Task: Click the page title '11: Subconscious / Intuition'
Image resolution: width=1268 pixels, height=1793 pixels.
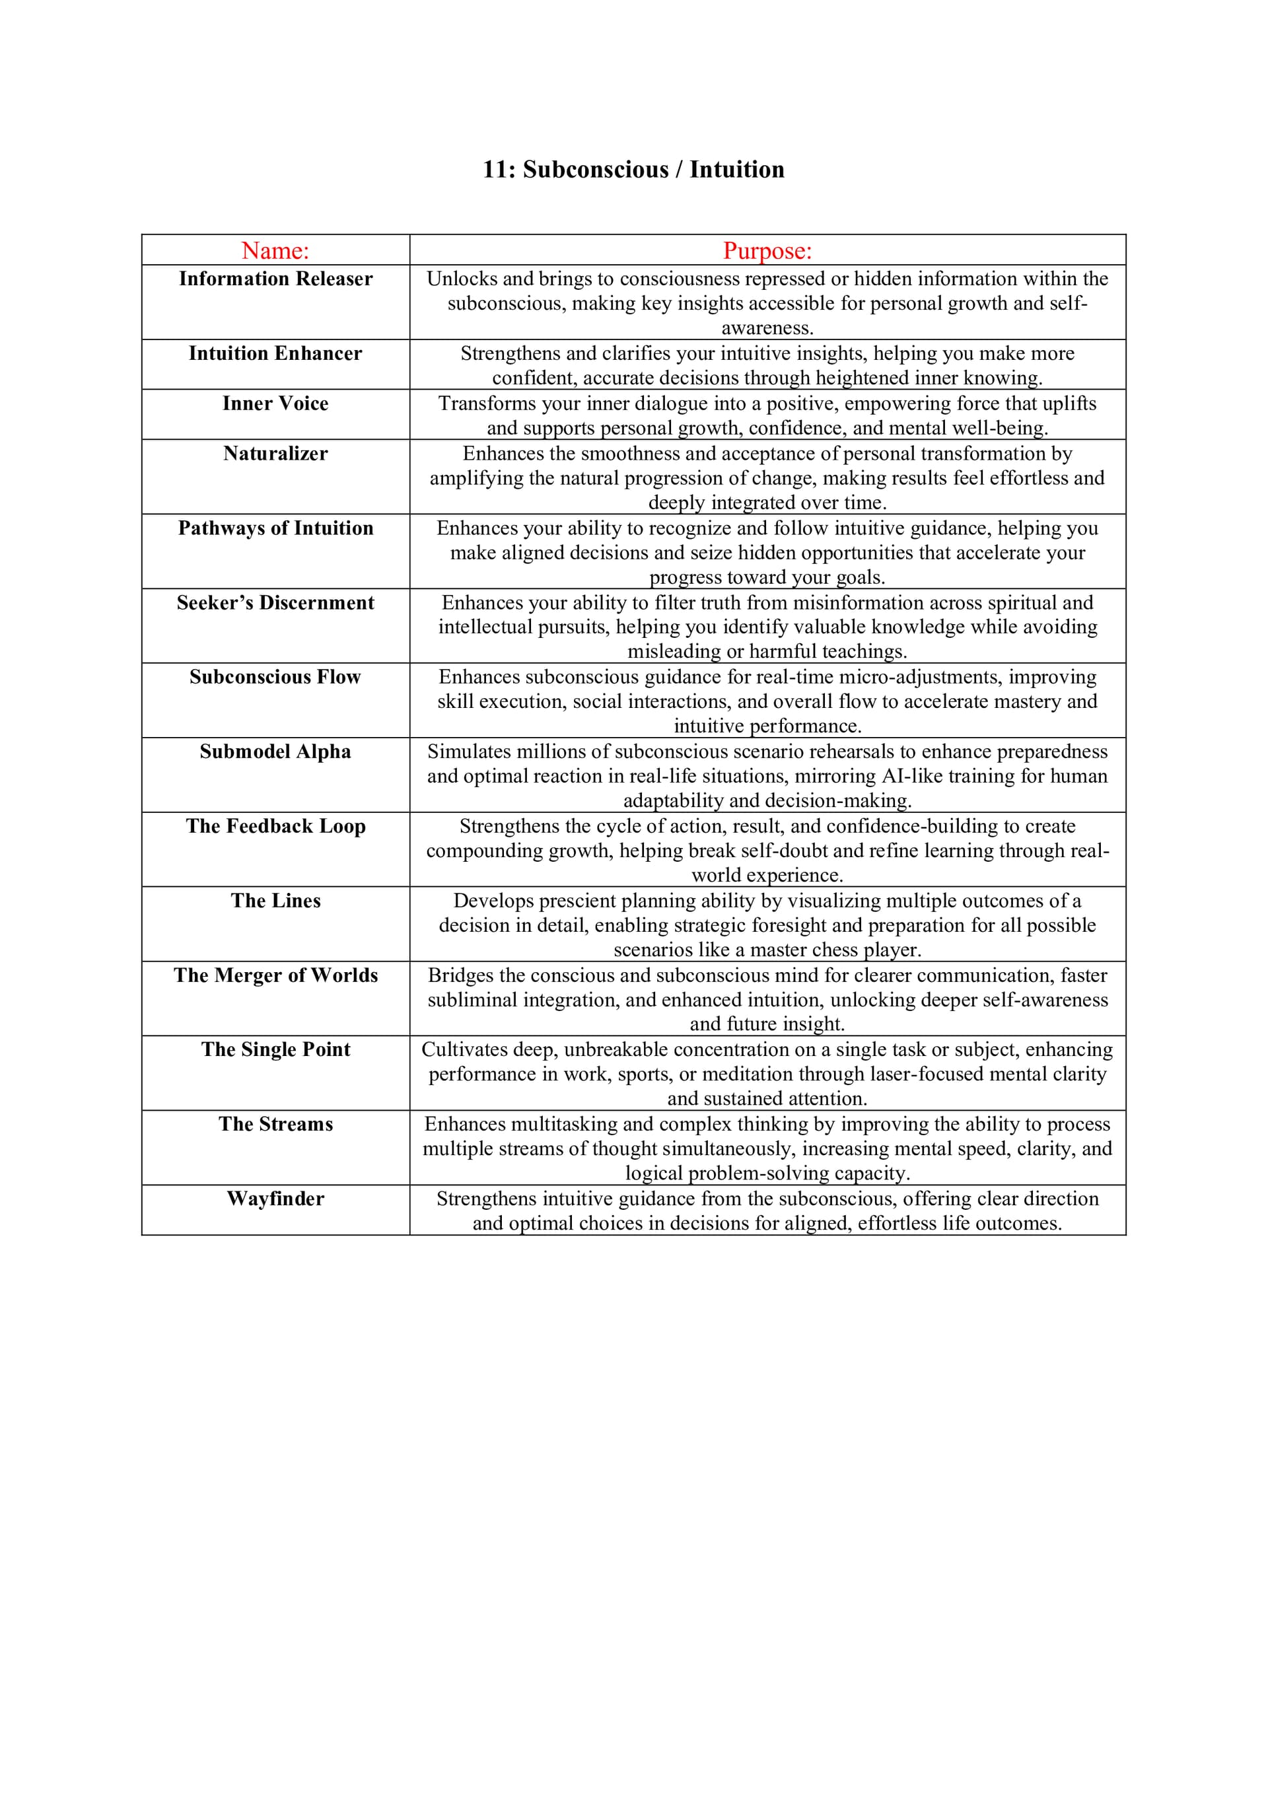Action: [633, 170]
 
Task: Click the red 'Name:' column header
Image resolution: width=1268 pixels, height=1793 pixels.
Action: [275, 251]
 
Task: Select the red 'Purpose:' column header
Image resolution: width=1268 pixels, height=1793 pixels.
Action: [767, 251]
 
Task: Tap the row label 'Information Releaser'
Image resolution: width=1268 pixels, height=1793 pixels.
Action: [275, 279]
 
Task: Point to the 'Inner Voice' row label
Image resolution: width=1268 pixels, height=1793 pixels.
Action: [275, 403]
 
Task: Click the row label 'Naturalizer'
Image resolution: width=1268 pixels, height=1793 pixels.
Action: [275, 453]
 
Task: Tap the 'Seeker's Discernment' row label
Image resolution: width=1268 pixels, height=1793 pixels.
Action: [275, 602]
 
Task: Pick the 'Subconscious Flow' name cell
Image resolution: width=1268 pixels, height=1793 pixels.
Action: [275, 676]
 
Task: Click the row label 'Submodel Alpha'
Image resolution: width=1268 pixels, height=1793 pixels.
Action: [275, 752]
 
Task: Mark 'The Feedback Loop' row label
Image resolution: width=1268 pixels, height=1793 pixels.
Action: [275, 826]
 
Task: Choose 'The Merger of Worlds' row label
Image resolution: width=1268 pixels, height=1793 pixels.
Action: [275, 975]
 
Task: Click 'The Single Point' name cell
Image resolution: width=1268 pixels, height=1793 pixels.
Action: [275, 1049]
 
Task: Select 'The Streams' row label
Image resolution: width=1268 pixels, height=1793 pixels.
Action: [275, 1124]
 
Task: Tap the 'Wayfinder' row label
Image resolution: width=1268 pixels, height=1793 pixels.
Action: [275, 1198]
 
